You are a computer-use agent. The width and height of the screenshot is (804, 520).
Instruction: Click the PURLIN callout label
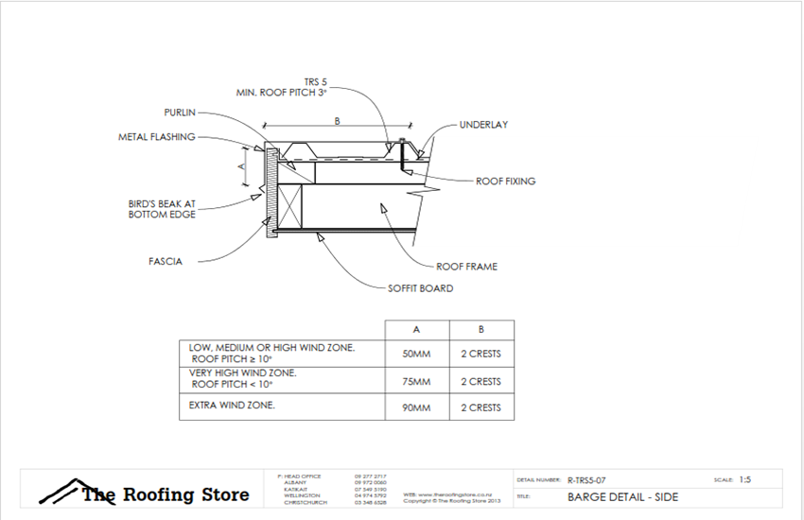[x=179, y=112]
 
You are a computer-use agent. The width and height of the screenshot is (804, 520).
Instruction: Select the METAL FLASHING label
[x=156, y=137]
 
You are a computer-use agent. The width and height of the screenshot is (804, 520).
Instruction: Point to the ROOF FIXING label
[x=506, y=181]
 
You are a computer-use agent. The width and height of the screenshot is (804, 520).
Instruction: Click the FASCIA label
[x=165, y=262]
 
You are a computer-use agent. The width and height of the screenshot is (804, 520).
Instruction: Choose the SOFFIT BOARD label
[x=420, y=288]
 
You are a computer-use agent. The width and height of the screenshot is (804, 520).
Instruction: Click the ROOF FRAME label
[x=466, y=267]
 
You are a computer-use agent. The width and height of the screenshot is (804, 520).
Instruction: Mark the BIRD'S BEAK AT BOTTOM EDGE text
[x=162, y=209]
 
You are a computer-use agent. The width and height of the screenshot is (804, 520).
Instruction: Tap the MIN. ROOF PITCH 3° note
[x=281, y=93]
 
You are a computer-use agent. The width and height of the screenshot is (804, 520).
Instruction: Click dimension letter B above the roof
[x=337, y=121]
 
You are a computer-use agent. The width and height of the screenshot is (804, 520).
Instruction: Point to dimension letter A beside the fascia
[x=241, y=165]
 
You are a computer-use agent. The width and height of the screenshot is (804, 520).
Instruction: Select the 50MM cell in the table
[x=417, y=355]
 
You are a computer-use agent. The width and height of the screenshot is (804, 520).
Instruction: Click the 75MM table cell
[x=417, y=382]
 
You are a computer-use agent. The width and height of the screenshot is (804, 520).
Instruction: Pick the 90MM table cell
[x=417, y=408]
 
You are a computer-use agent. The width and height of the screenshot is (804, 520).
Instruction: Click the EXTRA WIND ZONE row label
[x=233, y=405]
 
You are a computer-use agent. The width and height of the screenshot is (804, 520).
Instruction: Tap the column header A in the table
[x=417, y=330]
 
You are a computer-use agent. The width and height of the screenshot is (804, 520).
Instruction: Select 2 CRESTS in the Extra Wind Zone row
[x=481, y=408]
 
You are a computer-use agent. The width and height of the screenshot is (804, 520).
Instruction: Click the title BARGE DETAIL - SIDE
[x=622, y=496]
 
